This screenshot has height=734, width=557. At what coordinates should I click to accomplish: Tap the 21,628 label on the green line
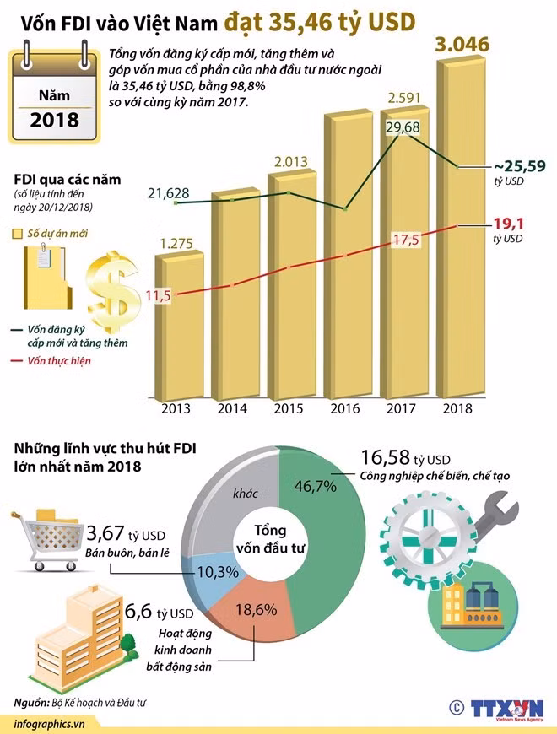coord(168,194)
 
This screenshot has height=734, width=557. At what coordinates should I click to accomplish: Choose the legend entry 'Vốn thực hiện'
coord(58,361)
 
